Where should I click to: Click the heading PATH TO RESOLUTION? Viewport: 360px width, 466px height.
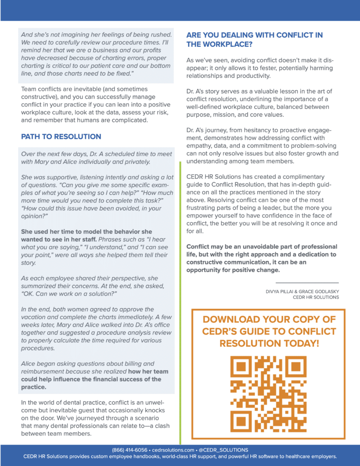click(x=61, y=137)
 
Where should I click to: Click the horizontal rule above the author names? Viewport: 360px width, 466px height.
click(x=307, y=283)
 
